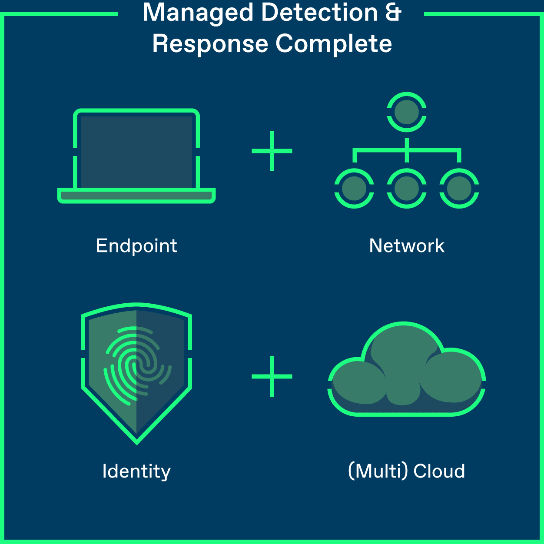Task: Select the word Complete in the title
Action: tap(334, 44)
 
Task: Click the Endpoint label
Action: tap(136, 246)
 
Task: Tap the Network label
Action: tap(407, 246)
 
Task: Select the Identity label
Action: tap(136, 472)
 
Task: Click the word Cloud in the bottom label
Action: tap(439, 471)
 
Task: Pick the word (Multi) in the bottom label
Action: tap(378, 471)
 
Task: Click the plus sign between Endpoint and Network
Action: tap(272, 151)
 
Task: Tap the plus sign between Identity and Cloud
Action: tap(272, 376)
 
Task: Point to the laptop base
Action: tap(136, 196)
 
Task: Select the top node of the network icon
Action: tap(407, 112)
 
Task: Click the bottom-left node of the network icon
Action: tap(354, 189)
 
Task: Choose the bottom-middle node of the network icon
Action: tap(407, 189)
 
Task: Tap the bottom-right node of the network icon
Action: tap(459, 189)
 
